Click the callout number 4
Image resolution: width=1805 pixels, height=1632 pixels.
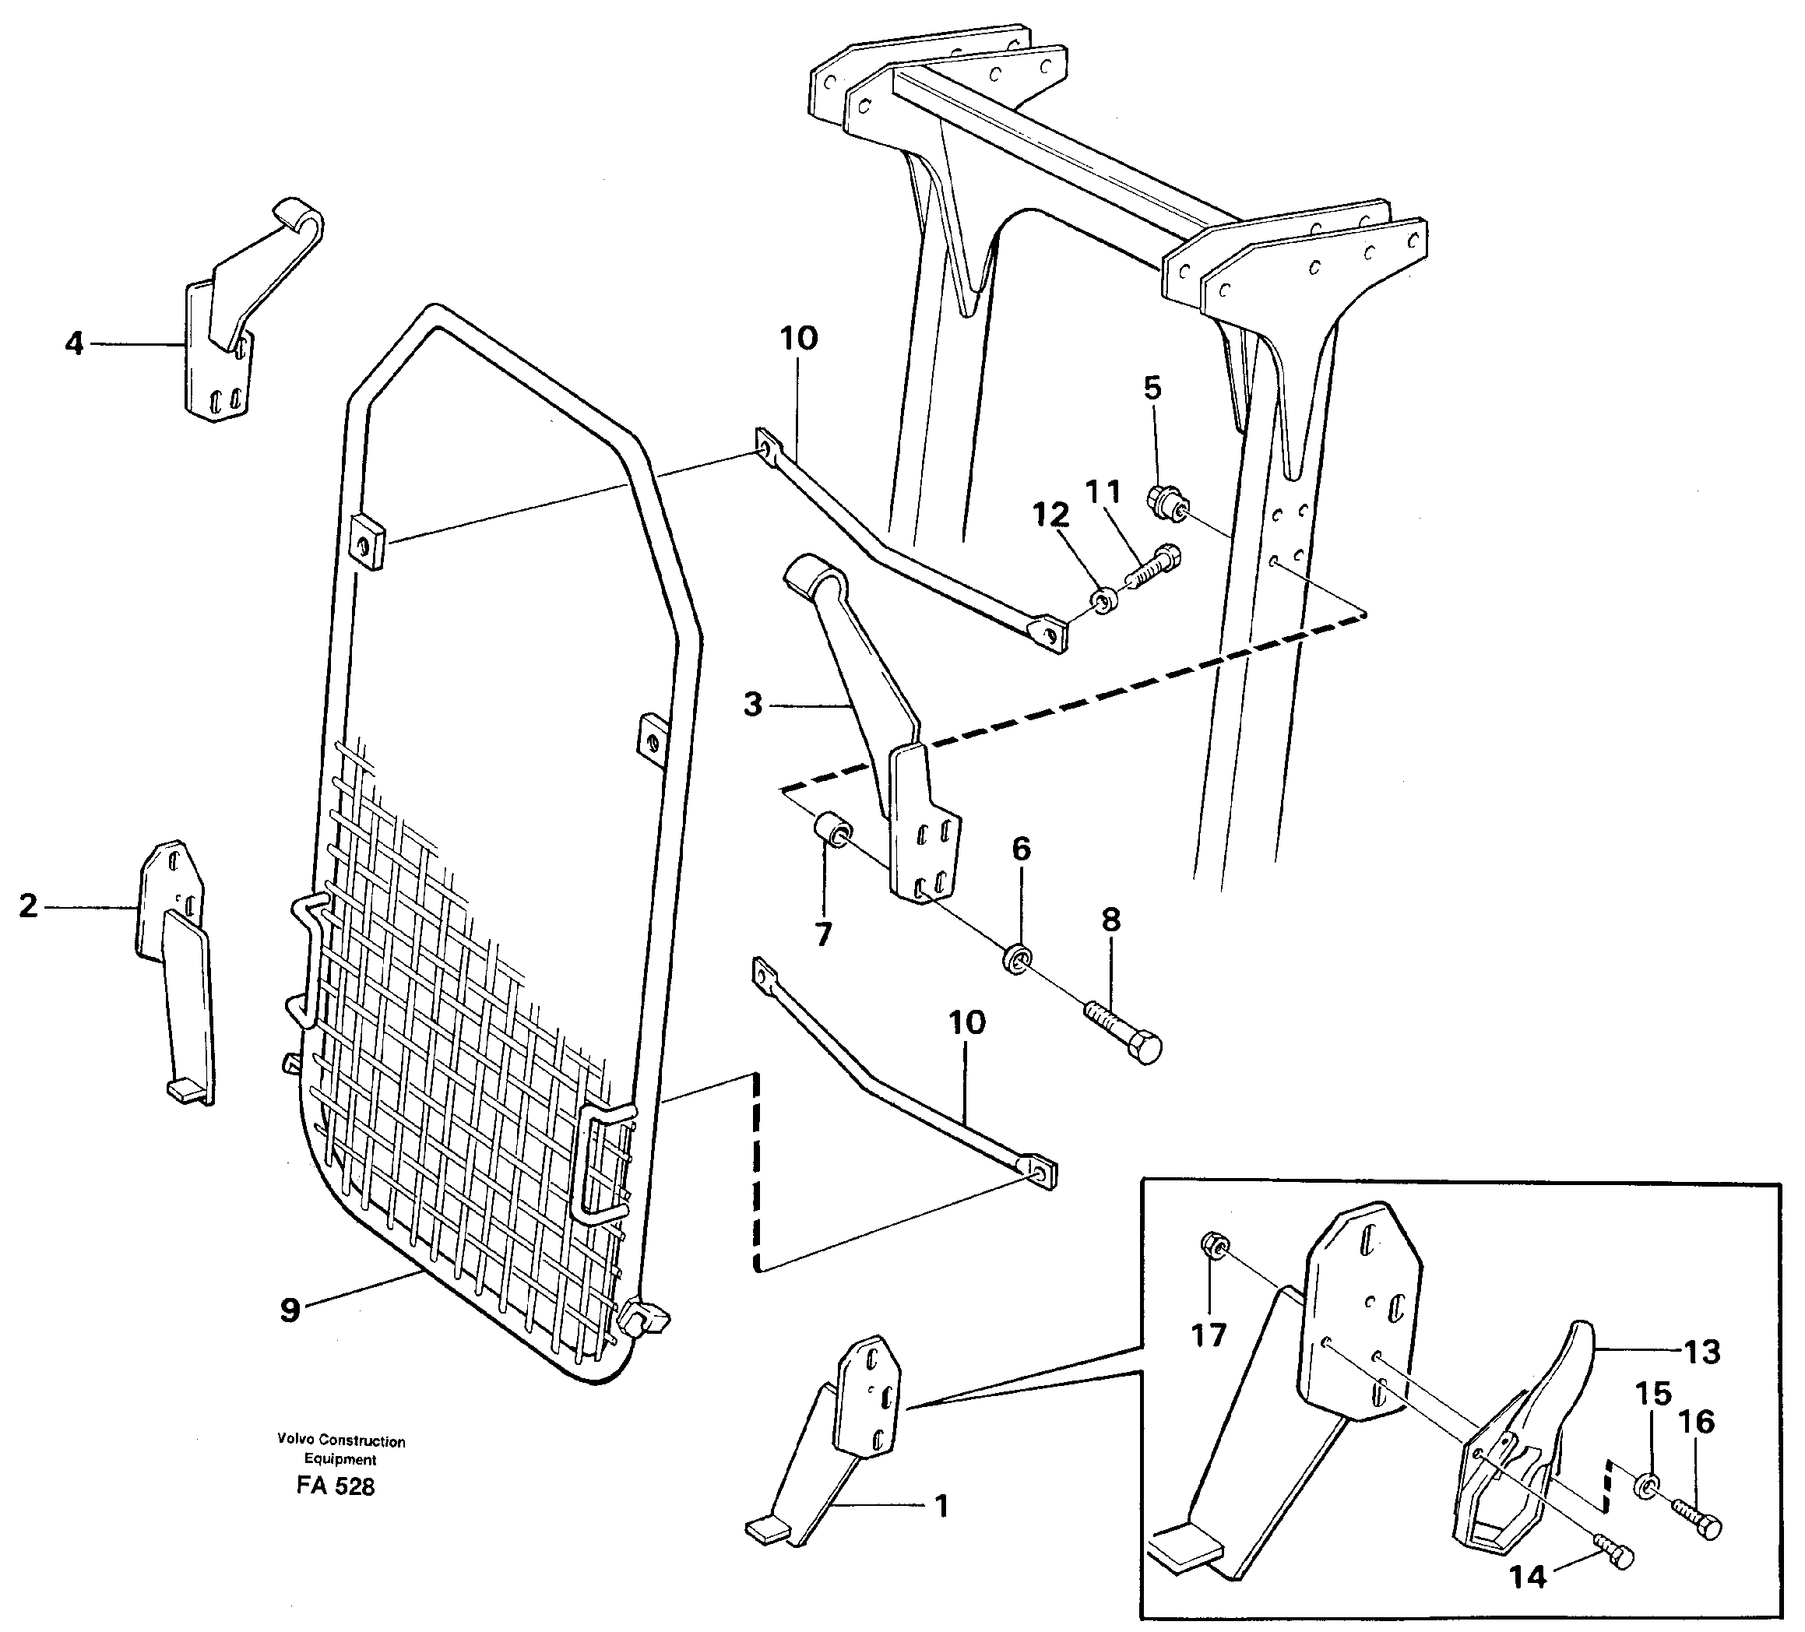(x=74, y=343)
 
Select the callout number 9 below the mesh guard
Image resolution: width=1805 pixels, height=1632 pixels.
(x=289, y=1310)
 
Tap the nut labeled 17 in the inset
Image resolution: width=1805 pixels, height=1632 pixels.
(x=1212, y=1245)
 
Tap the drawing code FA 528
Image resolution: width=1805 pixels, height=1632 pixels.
(x=336, y=1487)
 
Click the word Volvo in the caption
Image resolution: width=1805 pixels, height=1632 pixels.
(x=295, y=1441)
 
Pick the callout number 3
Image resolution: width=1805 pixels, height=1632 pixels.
(x=753, y=705)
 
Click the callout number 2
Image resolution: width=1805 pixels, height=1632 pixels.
(x=29, y=907)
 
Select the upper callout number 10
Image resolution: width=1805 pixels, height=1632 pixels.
(x=797, y=339)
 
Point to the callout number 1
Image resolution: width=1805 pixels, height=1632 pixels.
(x=941, y=1507)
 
